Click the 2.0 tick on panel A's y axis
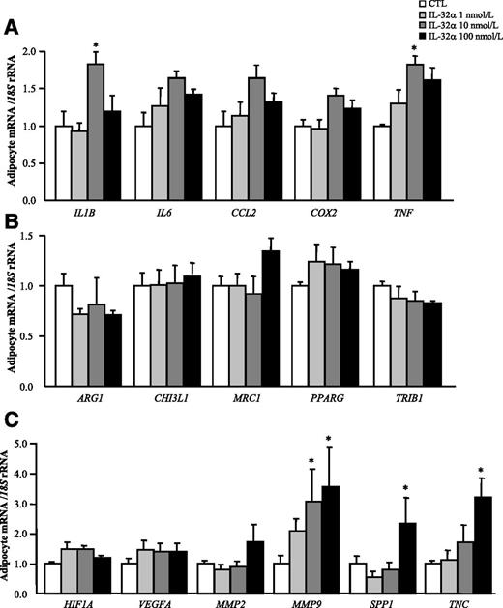point(35,51)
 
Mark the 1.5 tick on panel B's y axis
point(35,236)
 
